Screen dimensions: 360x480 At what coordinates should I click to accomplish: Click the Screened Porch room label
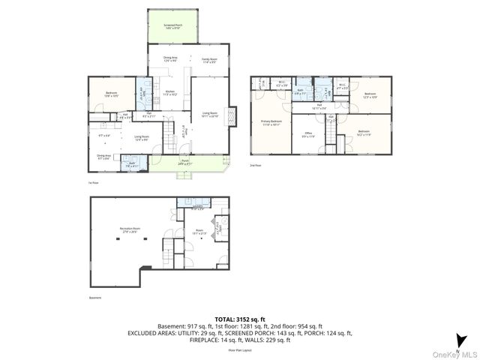[x=173, y=26]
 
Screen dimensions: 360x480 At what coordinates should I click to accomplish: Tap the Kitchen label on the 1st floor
[x=169, y=94]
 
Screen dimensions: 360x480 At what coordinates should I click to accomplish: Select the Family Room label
[x=209, y=61]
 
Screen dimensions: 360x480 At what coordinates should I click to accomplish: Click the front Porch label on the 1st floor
[x=185, y=161]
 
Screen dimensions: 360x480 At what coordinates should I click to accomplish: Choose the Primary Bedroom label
[x=271, y=122]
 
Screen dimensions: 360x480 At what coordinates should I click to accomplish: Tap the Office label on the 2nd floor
[x=307, y=136]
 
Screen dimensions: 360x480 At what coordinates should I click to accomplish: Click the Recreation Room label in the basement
[x=131, y=230]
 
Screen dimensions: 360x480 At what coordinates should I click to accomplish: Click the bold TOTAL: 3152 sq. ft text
[x=240, y=318]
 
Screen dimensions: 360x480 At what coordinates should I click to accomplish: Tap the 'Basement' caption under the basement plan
[x=94, y=297]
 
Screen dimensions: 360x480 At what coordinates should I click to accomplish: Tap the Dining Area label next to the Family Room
[x=170, y=59]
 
